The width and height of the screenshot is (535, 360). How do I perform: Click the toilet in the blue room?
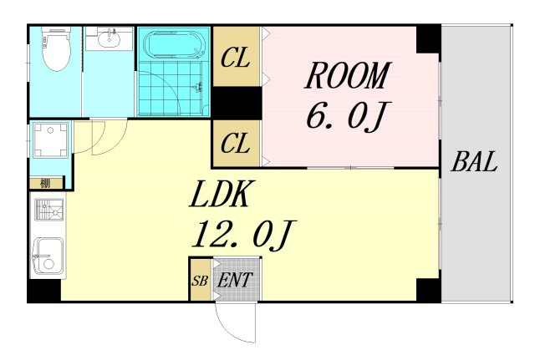[56, 49]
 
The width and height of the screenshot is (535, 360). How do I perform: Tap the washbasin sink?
[109, 39]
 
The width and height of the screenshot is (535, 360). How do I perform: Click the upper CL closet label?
[236, 58]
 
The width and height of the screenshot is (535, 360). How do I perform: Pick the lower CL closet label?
[236, 143]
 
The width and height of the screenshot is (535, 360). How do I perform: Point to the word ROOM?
[348, 76]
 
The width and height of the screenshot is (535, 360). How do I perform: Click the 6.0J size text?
[348, 116]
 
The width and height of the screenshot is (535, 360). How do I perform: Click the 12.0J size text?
[243, 235]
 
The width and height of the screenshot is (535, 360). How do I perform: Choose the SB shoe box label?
[200, 281]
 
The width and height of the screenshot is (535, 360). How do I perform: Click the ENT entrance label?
[235, 280]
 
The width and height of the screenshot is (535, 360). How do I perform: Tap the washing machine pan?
[50, 140]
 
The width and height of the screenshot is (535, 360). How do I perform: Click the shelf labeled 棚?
[47, 184]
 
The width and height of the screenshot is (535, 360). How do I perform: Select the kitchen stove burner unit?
[49, 210]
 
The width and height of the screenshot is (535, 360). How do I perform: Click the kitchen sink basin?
[50, 256]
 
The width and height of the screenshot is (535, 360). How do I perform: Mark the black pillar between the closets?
[237, 103]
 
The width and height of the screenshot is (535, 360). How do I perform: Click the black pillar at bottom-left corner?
[44, 291]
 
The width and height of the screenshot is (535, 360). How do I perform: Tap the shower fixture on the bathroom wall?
[198, 87]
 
